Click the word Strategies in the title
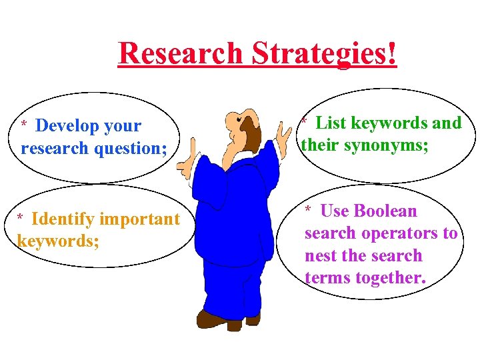(320, 54)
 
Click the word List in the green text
(331, 123)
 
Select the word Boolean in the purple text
(386, 211)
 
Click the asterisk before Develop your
(24, 125)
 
